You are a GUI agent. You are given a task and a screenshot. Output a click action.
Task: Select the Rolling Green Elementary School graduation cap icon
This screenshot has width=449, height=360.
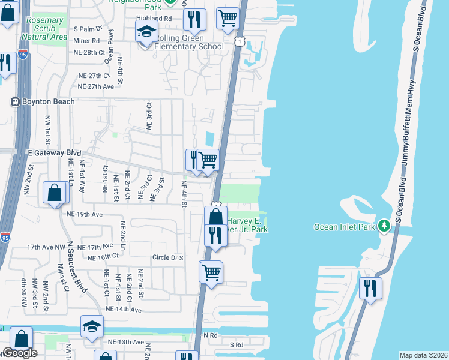(146, 32)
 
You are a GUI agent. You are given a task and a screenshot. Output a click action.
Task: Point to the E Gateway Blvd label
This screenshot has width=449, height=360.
(54, 153)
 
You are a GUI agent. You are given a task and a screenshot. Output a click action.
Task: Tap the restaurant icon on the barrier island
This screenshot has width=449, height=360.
(370, 288)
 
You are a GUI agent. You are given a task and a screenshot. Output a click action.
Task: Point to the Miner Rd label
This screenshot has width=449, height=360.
(87, 41)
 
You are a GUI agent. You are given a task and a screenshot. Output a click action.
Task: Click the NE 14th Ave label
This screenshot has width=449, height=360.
(123, 310)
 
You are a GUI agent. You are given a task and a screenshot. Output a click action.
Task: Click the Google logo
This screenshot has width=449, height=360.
(20, 353)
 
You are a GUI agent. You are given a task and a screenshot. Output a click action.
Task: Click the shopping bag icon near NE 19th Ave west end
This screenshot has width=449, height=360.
(54, 193)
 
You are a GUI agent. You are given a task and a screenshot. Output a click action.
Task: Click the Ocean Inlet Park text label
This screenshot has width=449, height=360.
(345, 227)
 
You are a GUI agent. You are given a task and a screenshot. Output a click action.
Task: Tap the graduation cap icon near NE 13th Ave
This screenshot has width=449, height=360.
(92, 326)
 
